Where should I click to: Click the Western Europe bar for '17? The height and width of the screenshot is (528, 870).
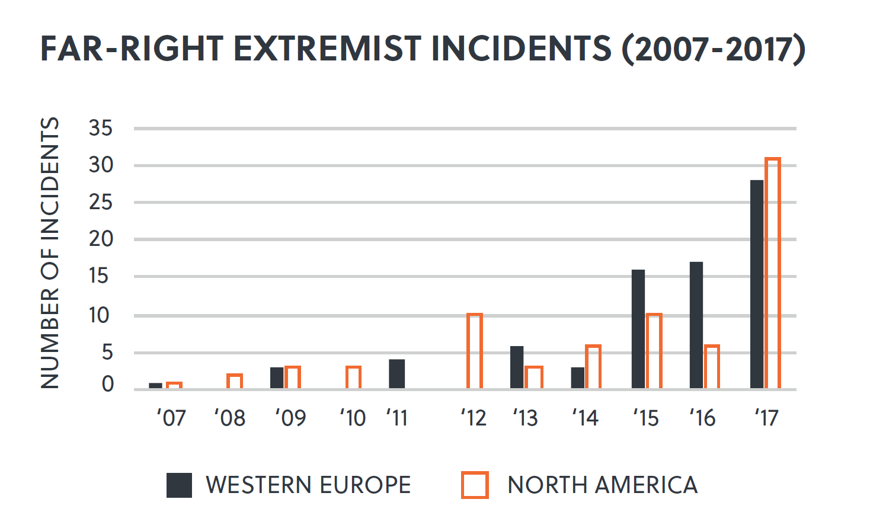coord(757,284)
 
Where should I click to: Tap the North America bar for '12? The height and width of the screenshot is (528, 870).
coord(475,351)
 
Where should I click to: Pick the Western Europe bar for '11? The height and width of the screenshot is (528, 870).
coord(397,374)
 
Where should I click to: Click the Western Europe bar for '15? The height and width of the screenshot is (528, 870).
coord(638,329)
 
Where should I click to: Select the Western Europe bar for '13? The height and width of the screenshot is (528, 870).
coord(517,367)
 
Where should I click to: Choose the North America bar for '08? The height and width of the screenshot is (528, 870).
coord(235,382)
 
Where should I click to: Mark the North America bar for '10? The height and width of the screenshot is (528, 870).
coord(353,377)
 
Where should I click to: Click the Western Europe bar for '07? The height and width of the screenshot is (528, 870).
coord(156,386)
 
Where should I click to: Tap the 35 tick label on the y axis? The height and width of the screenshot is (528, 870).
coord(101,128)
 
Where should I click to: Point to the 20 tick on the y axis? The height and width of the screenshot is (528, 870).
coord(101,239)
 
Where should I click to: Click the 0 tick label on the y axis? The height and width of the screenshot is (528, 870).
coord(107,385)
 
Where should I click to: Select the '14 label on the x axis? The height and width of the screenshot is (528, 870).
coord(585,418)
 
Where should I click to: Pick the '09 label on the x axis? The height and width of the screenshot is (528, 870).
coord(290,418)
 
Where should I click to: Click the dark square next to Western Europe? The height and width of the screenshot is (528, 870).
coord(179,485)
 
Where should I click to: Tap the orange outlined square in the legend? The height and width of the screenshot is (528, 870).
coord(475,485)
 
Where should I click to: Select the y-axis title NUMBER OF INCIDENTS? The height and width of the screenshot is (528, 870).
coord(50,253)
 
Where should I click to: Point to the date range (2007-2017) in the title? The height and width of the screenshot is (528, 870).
coord(714,49)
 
